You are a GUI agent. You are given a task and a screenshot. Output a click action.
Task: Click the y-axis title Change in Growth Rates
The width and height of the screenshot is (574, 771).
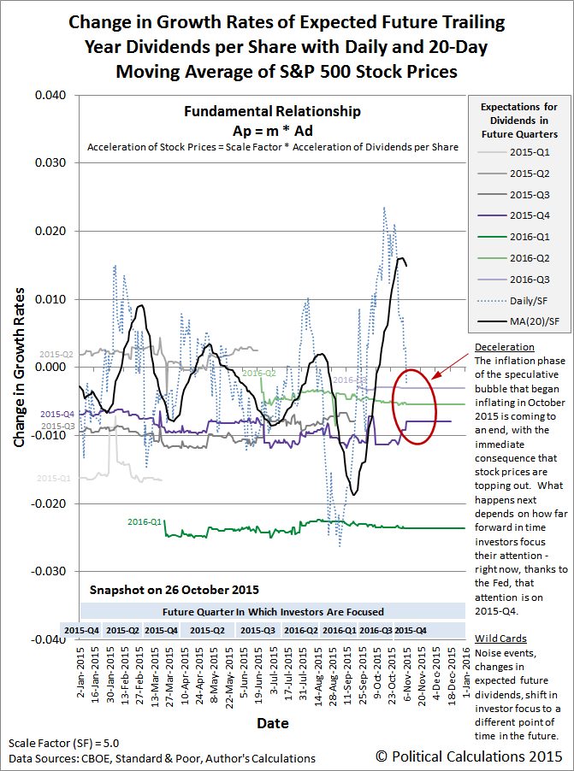(18, 366)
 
